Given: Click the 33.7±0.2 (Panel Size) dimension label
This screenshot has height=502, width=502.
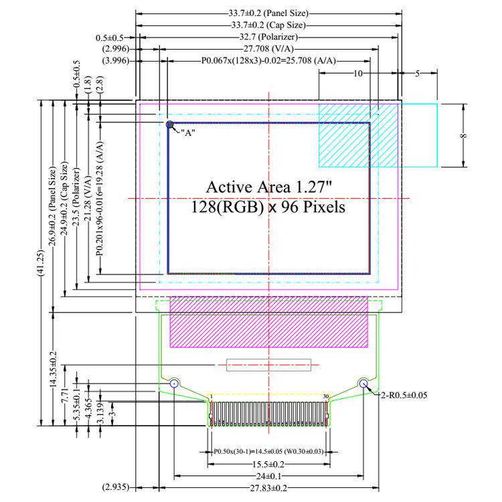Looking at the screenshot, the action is point(268,13).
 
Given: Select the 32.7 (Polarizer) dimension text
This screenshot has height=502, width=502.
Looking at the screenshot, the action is point(268,37).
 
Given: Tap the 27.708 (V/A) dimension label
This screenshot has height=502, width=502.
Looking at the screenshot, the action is point(268,49).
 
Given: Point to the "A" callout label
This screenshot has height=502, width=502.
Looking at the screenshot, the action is point(188,133).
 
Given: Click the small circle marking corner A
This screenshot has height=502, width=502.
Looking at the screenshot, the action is point(169,124).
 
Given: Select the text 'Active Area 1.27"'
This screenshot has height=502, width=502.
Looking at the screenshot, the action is point(269,187).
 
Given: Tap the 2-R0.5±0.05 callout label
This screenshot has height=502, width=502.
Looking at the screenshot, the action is point(404,395).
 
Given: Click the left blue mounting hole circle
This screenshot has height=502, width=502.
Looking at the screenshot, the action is point(174,384).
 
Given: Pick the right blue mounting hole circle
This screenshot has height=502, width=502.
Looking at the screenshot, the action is point(363,384).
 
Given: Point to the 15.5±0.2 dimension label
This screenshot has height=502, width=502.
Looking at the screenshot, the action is point(268,464).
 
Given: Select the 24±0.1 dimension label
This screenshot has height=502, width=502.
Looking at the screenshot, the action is point(268,476).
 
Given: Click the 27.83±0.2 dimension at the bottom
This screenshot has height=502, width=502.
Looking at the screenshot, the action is point(268,488).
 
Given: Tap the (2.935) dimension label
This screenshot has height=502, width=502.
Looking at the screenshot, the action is point(116,487).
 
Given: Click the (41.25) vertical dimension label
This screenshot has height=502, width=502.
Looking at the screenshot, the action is point(41,263).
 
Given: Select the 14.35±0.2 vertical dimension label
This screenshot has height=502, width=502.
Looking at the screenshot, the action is point(53,369).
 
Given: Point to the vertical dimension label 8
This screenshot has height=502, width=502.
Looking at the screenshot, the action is point(463,136).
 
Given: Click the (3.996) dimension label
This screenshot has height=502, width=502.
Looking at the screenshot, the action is point(116,60).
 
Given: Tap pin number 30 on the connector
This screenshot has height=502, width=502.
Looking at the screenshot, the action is point(325,396).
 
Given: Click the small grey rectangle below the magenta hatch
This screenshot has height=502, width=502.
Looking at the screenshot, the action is point(268,365).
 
